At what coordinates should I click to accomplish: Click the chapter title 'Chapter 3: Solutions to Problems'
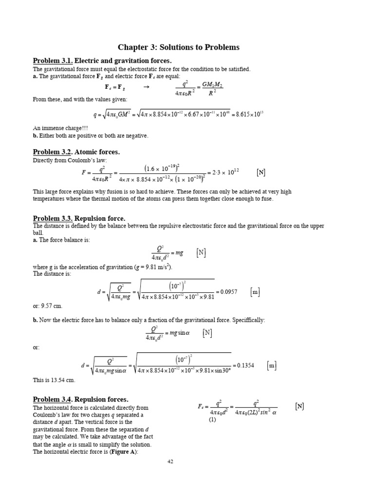179,47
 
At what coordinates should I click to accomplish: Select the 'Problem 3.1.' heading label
53,61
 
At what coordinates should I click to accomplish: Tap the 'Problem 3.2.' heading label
53,152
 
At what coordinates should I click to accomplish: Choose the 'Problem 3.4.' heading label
53,399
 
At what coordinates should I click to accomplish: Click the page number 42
170,461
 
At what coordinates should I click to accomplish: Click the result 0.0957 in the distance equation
228,292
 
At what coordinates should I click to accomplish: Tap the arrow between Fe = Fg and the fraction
145,87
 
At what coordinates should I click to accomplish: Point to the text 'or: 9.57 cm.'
48,306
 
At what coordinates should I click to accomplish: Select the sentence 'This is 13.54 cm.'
54,379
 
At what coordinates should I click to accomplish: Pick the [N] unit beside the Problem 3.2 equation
261,172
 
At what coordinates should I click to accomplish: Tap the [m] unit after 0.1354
272,365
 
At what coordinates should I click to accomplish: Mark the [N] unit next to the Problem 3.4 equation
299,406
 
